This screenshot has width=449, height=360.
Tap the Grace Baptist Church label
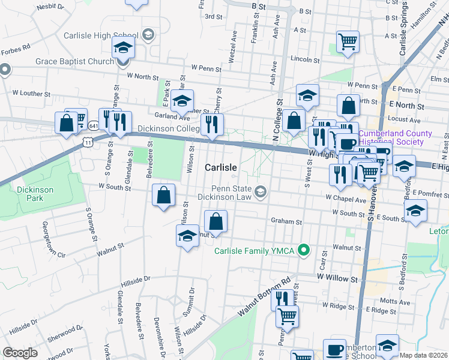(x=74, y=61)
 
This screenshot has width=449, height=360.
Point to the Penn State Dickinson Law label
(x=233, y=194)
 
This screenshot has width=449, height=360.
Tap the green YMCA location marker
(x=304, y=250)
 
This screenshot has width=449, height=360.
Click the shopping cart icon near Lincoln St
(x=348, y=42)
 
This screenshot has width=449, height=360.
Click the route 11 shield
(x=88, y=142)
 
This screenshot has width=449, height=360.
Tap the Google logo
(x=20, y=353)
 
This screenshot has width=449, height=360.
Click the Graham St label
(x=286, y=221)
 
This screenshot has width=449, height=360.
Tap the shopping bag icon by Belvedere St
(x=164, y=196)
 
